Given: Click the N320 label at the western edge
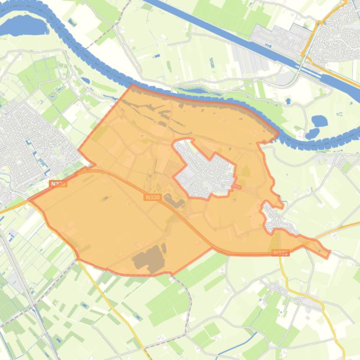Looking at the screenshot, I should [58, 184].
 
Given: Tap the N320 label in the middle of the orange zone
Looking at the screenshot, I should [152, 197].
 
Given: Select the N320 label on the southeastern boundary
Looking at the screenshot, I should [280, 253].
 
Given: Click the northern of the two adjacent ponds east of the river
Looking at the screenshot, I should [320, 121].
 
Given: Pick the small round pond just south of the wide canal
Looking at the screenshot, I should [288, 101].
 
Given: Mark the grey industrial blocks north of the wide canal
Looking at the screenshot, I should [281, 40].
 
